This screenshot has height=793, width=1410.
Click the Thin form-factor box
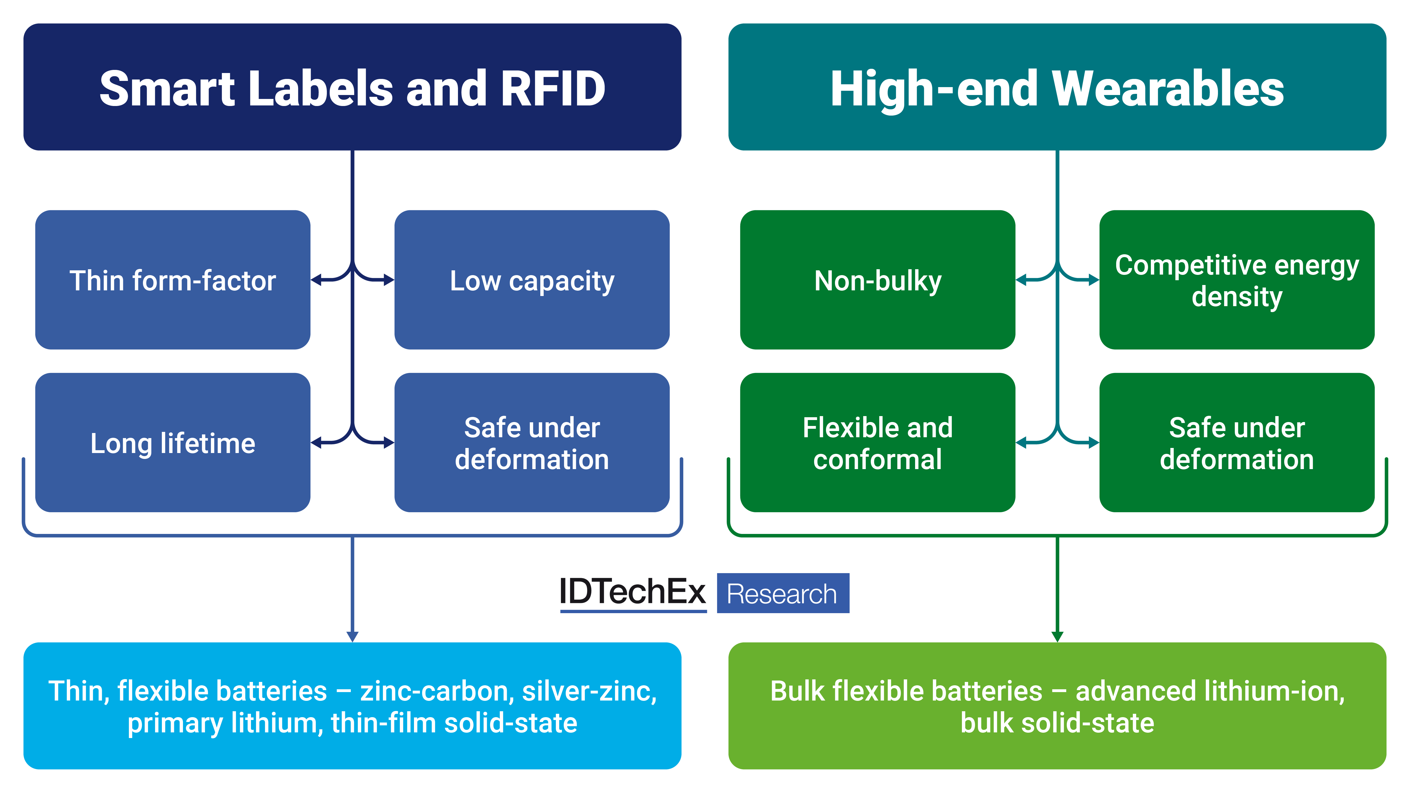coord(172,280)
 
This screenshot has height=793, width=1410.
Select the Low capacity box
coord(532,280)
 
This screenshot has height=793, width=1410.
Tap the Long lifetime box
coord(172,443)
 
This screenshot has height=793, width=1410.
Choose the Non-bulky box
coord(877,280)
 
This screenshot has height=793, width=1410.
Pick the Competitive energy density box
coord(1237,280)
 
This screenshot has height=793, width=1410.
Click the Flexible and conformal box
coord(877,443)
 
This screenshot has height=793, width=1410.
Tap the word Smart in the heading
coord(167,89)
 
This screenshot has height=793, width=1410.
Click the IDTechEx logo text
coord(632,592)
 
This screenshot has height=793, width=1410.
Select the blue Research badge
coord(783,593)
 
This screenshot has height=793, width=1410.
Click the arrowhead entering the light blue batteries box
coord(352,637)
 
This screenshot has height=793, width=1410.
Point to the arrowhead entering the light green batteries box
coord(1057,637)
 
